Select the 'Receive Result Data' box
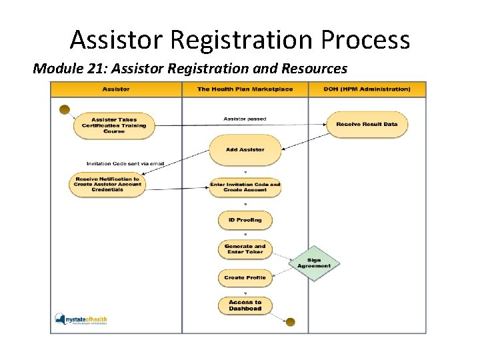pos(367,125)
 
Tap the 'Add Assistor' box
pos(245,150)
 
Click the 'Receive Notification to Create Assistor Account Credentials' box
pos(107,184)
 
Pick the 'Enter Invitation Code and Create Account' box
pos(245,187)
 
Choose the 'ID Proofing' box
pos(245,220)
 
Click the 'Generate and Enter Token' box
pos(245,249)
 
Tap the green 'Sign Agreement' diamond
pos(314,263)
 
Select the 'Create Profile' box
pos(245,277)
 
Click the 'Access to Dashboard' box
pos(245,305)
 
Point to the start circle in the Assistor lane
pos(65,109)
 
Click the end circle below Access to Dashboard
pos(291,322)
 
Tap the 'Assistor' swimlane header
pos(117,89)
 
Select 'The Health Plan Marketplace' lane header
pos(245,89)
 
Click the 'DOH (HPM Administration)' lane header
pos(367,89)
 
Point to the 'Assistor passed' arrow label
pos(245,119)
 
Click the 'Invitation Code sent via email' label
pos(125,163)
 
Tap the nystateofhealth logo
pos(81,320)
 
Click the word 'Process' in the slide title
pos(365,40)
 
